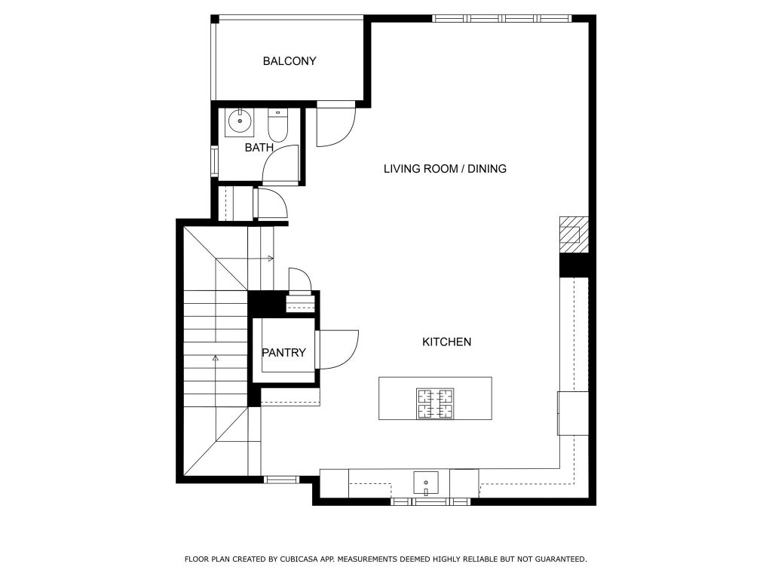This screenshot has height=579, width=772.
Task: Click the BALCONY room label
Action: [x=289, y=61]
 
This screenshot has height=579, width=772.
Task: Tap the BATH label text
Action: [x=259, y=147]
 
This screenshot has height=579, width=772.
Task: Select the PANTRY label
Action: [x=283, y=353]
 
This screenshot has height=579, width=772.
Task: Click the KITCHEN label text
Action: [x=446, y=342]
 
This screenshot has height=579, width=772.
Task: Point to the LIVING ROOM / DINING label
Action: [x=445, y=169]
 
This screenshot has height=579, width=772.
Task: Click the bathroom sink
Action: [x=240, y=121]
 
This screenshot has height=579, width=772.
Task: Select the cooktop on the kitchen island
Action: [x=435, y=403]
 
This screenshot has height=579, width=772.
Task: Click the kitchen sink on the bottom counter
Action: [x=426, y=482]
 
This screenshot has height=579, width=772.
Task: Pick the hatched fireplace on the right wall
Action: [x=574, y=235]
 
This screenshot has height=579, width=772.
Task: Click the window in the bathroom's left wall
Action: [x=214, y=161]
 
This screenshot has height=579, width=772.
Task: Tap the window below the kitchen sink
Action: [x=430, y=501]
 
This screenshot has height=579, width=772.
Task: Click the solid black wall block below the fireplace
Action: [x=574, y=265]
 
